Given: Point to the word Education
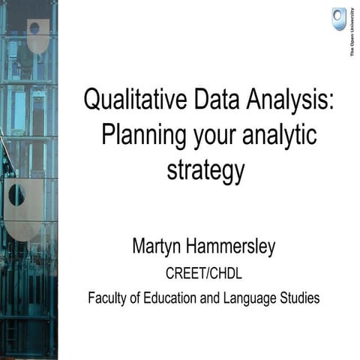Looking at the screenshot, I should pyautogui.click(x=174, y=298).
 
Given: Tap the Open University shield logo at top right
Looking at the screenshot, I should pyautogui.click(x=339, y=18).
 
